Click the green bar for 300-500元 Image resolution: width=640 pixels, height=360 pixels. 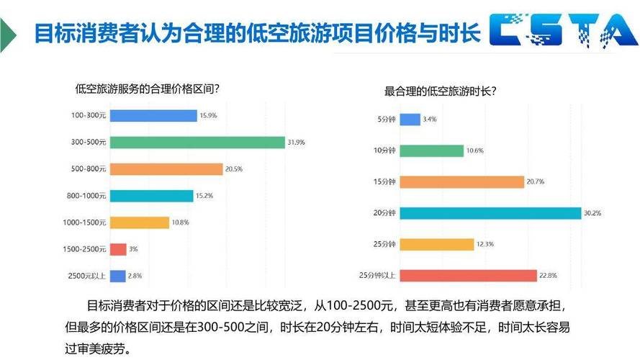197,143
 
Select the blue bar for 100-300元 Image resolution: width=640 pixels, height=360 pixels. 153,115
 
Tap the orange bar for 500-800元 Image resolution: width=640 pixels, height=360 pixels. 166,169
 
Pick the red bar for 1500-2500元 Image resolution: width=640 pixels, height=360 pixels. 118,249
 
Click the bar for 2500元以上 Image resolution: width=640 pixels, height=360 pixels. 117,276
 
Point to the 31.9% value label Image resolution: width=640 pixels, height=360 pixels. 296,143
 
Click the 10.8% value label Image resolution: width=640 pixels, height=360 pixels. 180,222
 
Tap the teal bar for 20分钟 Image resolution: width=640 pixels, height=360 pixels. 490,213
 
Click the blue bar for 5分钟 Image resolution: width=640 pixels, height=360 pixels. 410,119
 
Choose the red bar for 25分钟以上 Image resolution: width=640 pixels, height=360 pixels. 468,275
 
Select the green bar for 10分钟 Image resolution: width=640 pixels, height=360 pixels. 431,150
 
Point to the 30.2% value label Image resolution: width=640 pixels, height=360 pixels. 592,213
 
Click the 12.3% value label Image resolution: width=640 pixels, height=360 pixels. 485,245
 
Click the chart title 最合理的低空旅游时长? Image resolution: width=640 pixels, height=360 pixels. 440,91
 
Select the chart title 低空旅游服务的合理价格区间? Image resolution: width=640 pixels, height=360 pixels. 147,89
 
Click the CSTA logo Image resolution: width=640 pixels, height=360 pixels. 562,30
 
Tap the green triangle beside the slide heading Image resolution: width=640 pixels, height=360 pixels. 7,32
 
